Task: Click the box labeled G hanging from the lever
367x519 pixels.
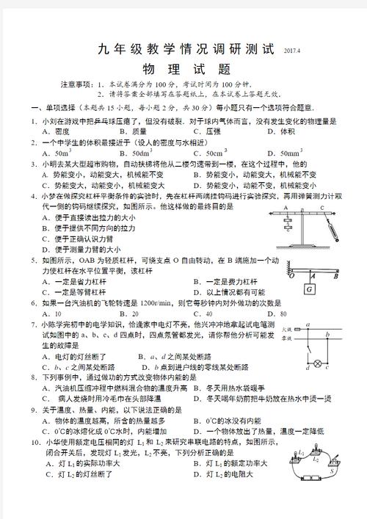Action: point(310,288)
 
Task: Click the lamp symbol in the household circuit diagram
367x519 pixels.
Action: point(317,363)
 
